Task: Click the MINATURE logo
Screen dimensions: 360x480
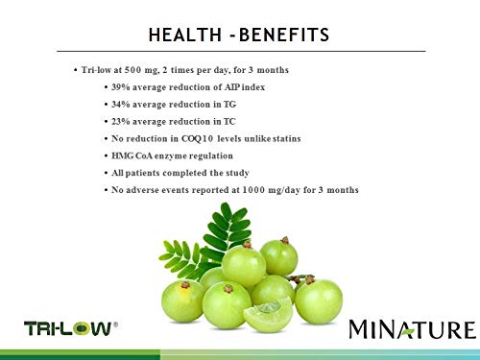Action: [x=410, y=329]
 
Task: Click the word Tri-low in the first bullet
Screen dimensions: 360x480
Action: [x=99, y=71]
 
